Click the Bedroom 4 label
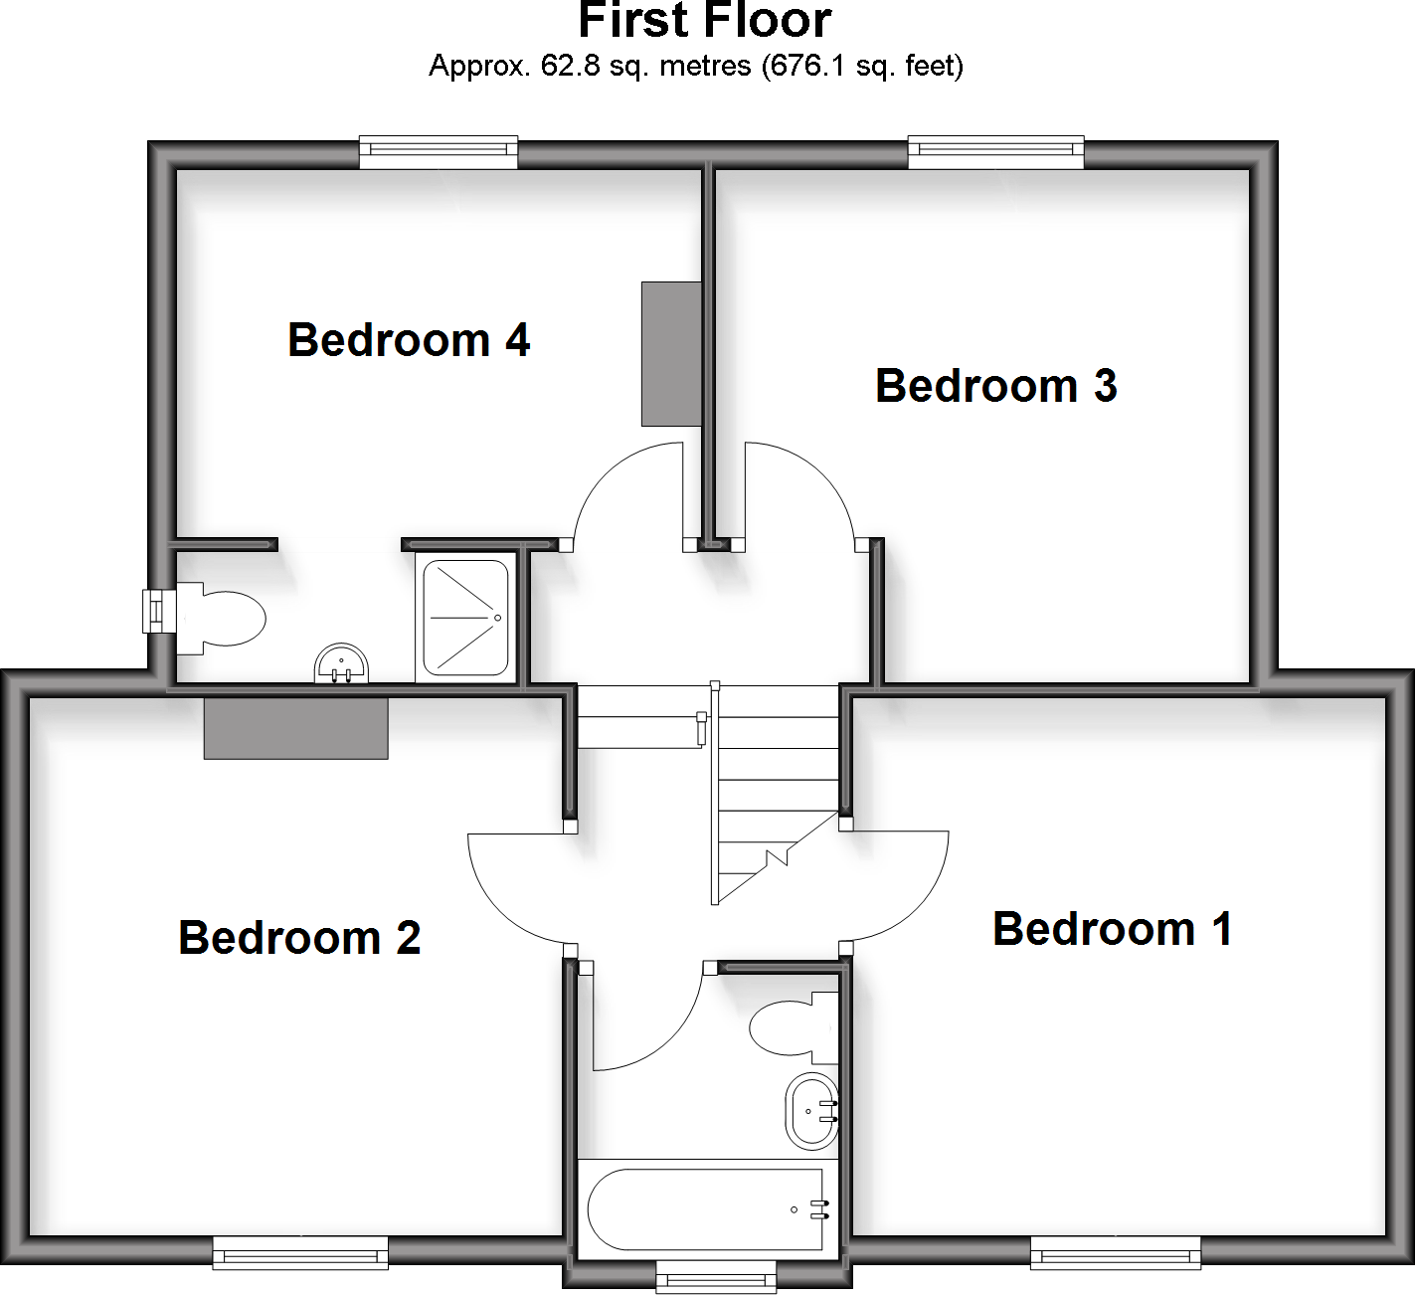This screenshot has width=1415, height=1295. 409,340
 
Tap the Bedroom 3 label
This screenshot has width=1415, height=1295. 995,386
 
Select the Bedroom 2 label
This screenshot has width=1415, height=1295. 299,938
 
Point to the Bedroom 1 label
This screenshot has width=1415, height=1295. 1113,929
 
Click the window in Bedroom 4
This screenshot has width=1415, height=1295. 439,150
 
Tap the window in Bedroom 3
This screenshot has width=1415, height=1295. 995,150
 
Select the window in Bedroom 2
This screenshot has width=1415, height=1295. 300,1251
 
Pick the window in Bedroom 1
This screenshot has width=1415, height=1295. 1116,1251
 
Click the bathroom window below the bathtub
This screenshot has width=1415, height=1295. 716,1274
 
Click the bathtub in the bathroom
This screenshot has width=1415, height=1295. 706,1209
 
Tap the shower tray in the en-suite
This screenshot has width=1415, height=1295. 465,618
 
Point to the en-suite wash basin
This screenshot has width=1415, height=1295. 341,663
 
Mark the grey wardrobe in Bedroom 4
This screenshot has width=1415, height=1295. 671,354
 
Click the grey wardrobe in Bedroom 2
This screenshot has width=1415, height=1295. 295,729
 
